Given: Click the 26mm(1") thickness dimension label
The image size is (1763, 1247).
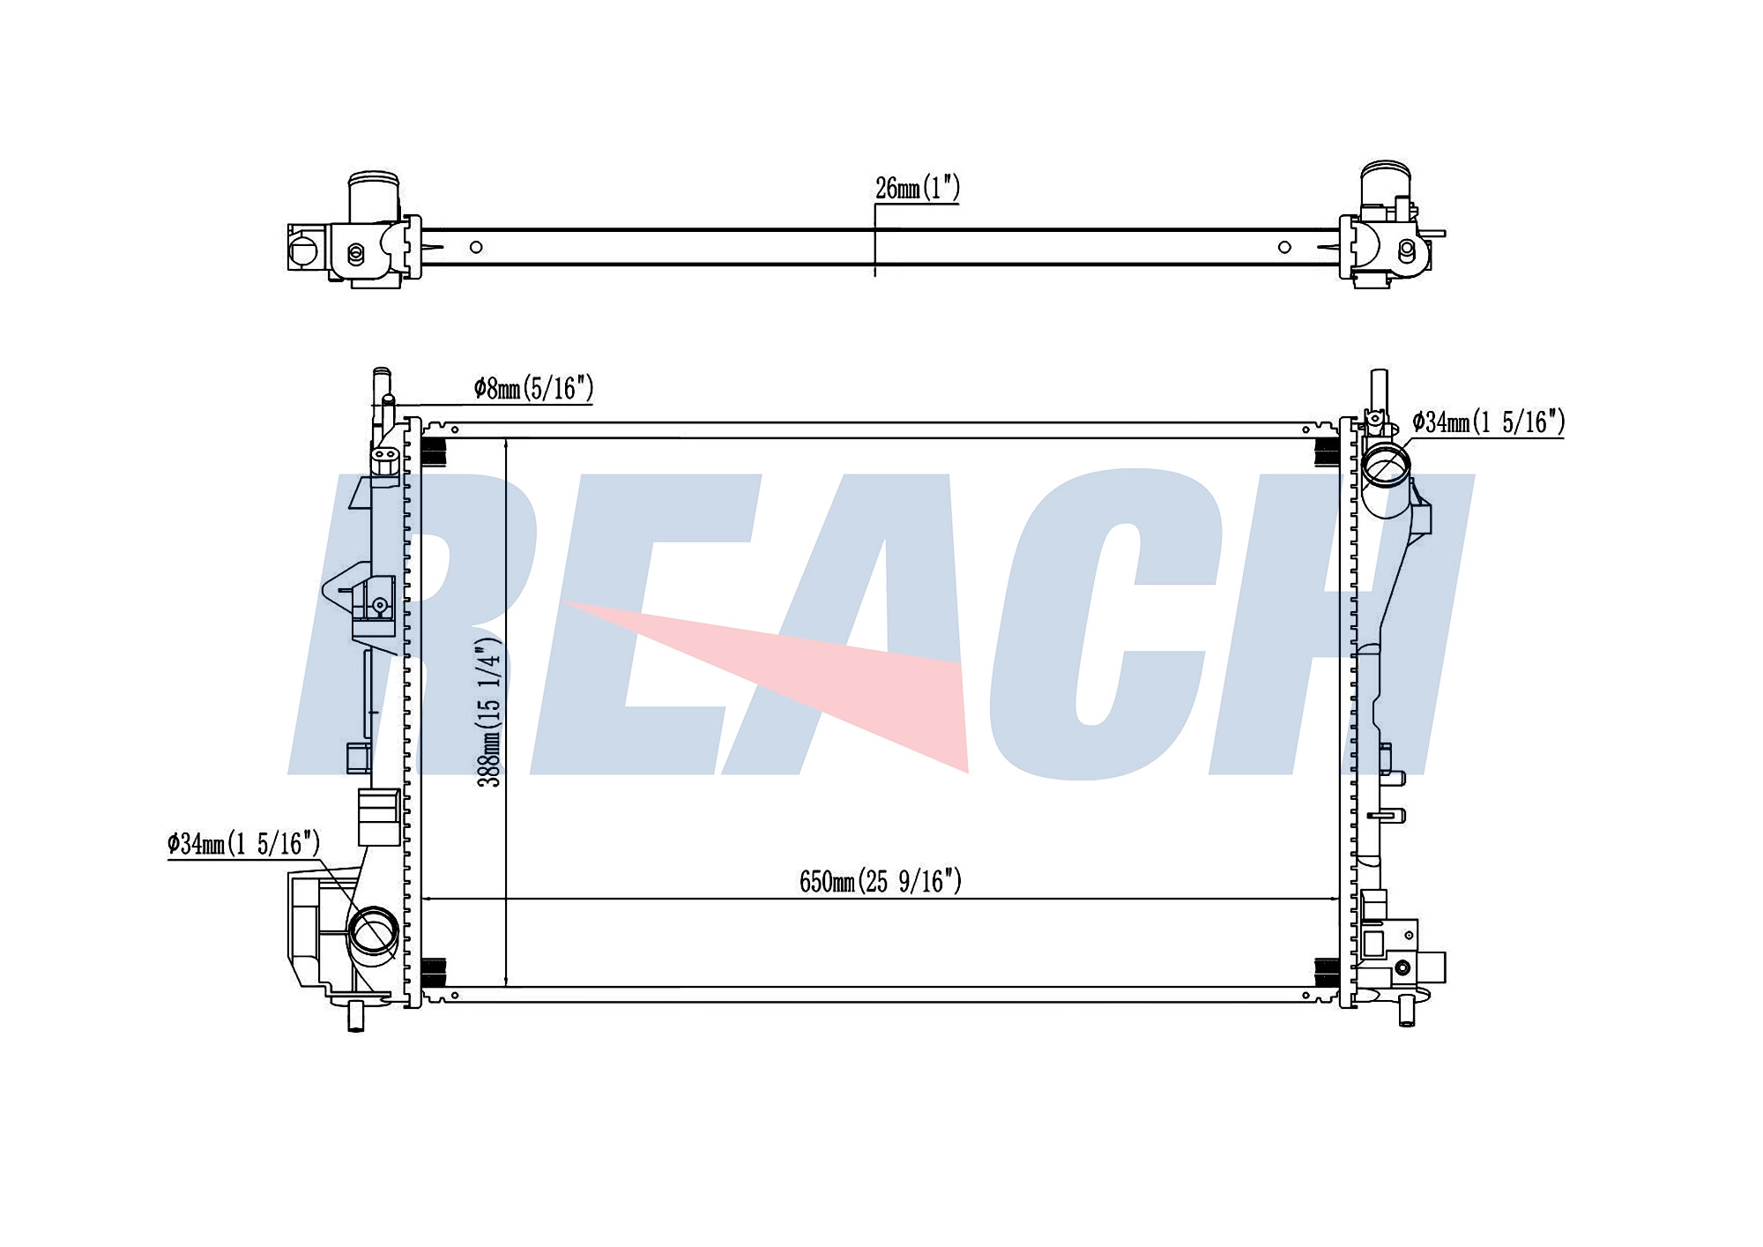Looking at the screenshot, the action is tap(917, 188).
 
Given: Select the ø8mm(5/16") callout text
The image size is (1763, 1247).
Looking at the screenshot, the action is tap(533, 388).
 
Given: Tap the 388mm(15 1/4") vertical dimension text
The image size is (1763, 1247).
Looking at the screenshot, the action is tap(489, 711).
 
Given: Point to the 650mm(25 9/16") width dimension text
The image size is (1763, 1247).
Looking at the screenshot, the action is tap(881, 881).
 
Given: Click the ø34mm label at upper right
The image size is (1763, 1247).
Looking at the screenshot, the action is tap(1488, 422).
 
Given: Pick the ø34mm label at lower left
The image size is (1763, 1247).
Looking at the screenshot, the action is tap(243, 844).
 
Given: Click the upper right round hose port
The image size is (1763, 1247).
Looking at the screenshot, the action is tap(1386, 466).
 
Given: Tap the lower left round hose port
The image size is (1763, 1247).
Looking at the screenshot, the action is tap(374, 931).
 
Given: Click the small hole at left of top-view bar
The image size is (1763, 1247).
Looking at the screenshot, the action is tap(476, 247).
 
